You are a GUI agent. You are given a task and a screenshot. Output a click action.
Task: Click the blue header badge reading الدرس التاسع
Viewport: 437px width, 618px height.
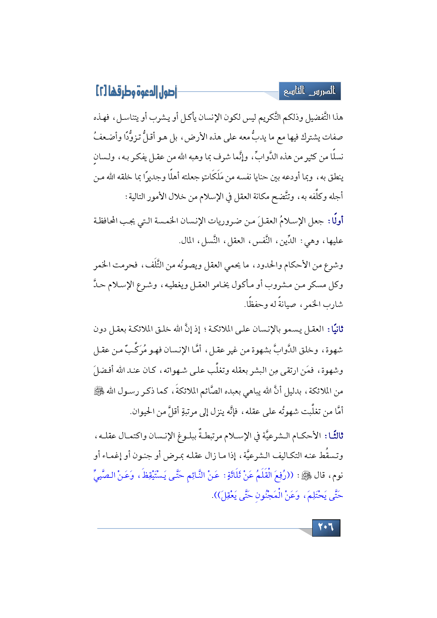310,91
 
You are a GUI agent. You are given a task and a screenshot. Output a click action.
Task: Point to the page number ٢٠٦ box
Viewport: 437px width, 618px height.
326,527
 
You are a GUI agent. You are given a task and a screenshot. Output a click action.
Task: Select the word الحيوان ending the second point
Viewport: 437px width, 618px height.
143,411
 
